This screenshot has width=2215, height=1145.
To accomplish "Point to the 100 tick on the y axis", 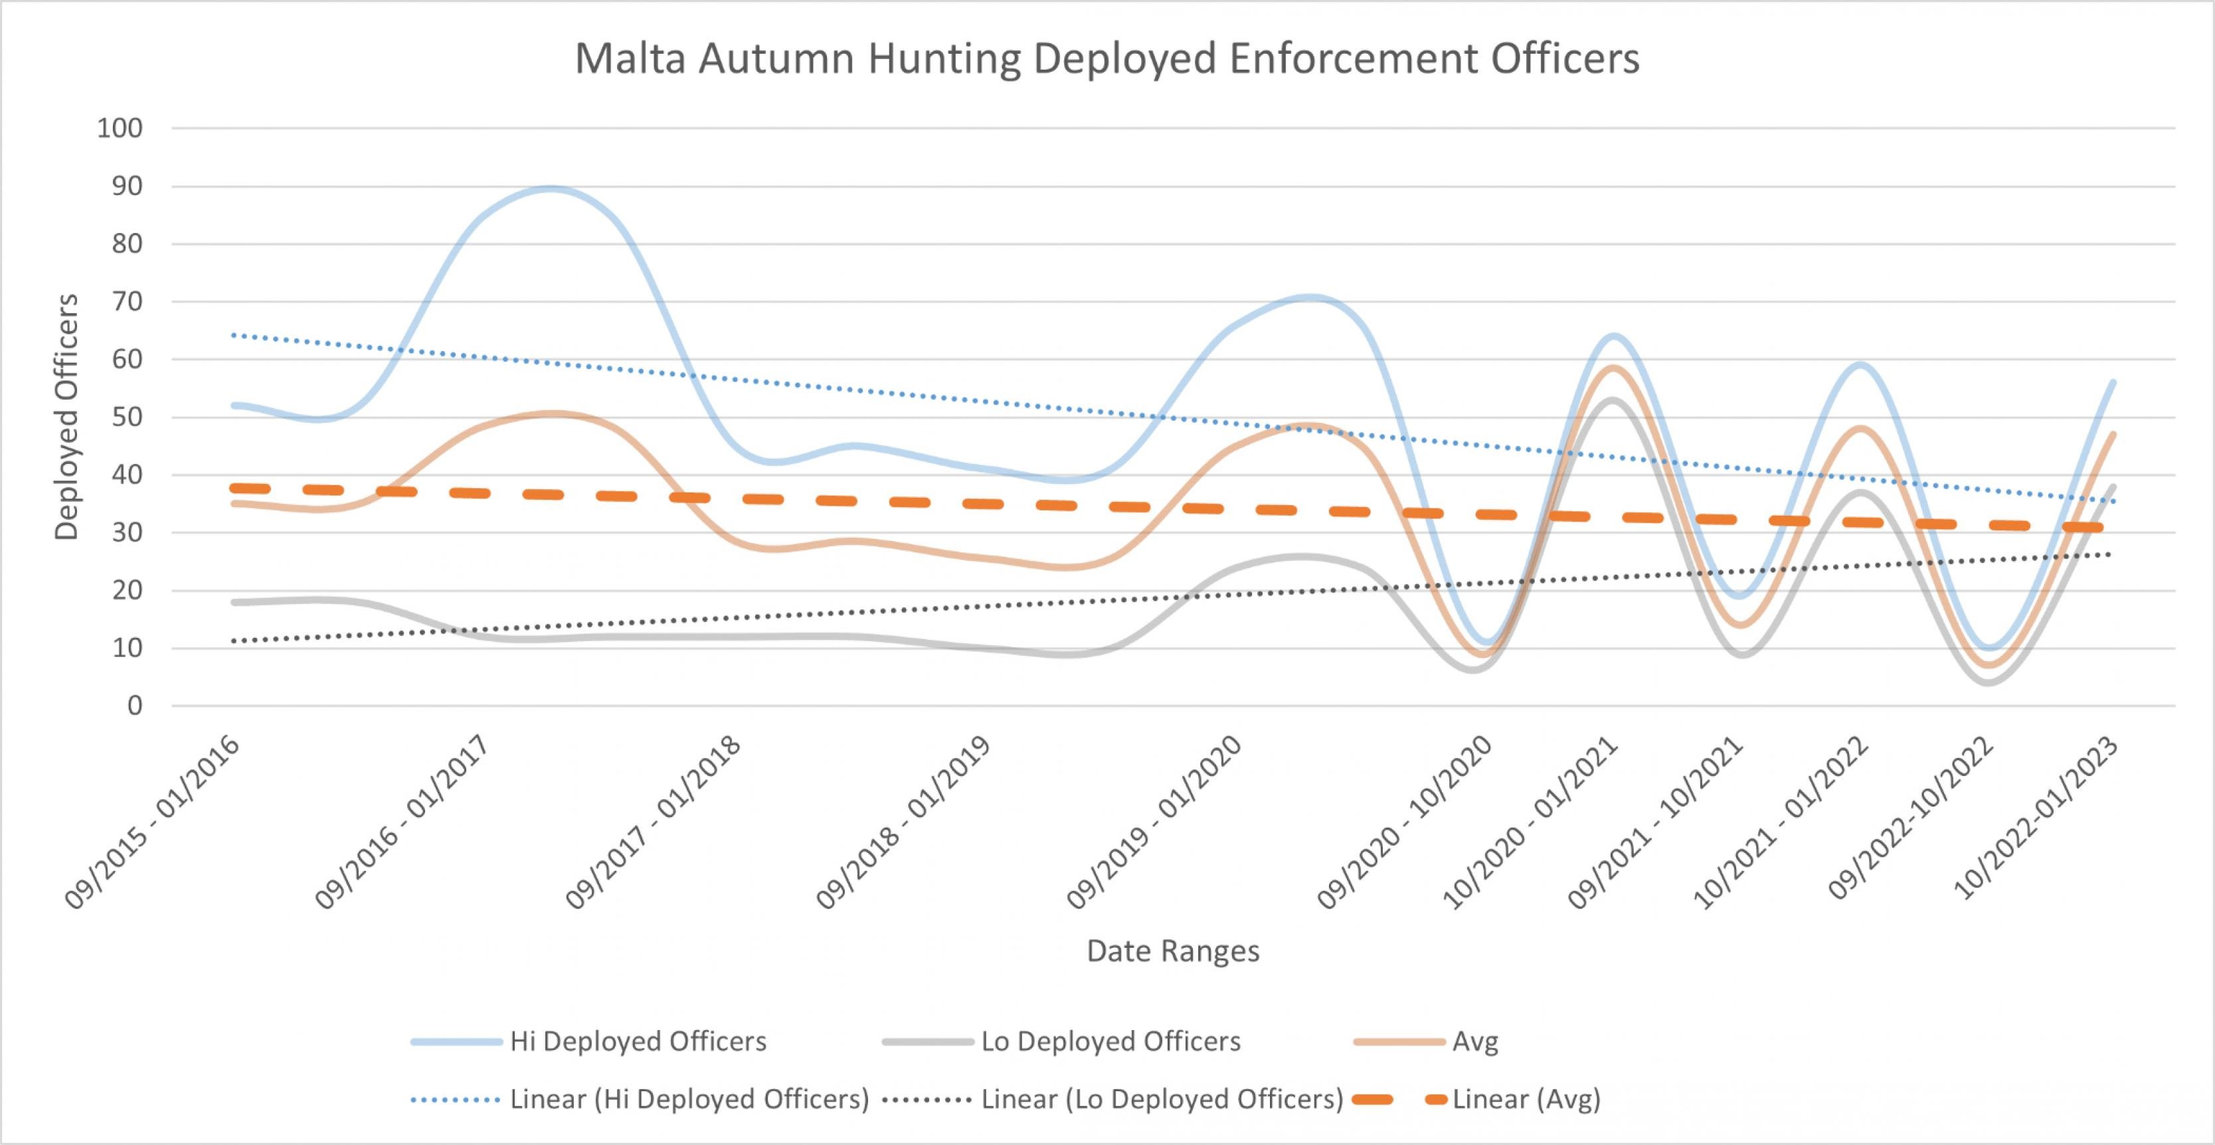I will pyautogui.click(x=120, y=129).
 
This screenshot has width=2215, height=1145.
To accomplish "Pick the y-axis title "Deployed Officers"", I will pyautogui.click(x=66, y=417).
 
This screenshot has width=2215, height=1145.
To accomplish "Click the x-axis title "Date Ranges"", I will pyautogui.click(x=1173, y=951).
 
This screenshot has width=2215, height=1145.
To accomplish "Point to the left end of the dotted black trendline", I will pyautogui.click(x=233, y=641).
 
